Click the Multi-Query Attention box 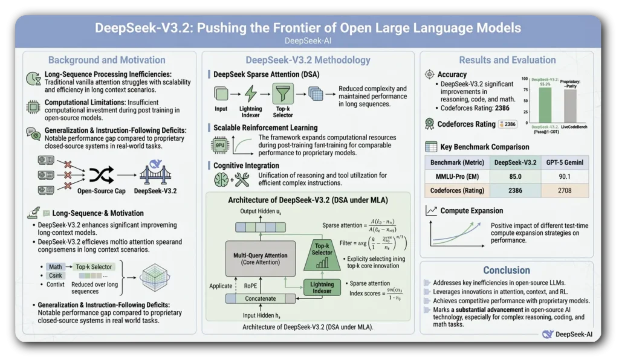(261, 259)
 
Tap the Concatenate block (260, 298)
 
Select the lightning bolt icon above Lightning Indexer (250, 94)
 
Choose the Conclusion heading (507, 270)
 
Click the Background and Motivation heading (107, 60)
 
